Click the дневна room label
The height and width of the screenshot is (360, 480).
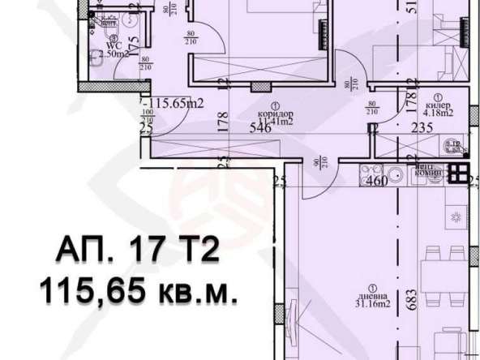click(368, 295)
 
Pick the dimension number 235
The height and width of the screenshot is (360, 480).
click(422, 128)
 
